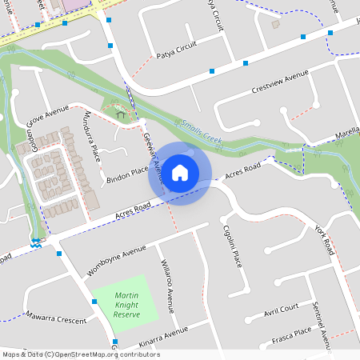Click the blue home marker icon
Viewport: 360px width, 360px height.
click(180, 172)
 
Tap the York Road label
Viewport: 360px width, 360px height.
click(324, 239)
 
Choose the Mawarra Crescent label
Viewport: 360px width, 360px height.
click(56, 318)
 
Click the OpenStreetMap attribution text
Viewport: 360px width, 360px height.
click(105, 354)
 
